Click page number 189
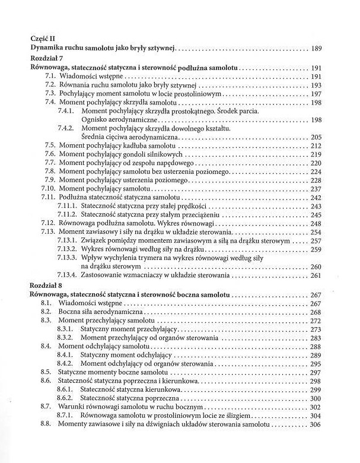318,49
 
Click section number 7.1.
50,77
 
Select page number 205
318,137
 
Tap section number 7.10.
48,188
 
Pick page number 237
318,188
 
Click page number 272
318,321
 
